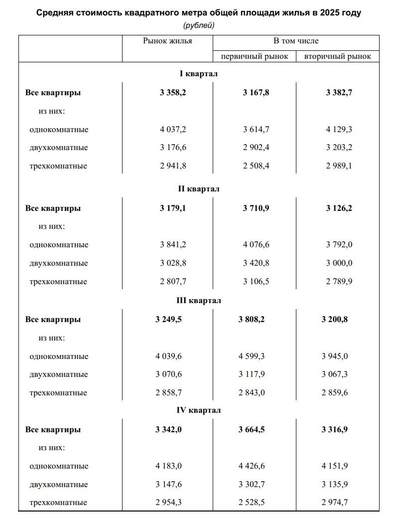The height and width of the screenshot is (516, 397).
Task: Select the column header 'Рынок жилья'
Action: (167, 41)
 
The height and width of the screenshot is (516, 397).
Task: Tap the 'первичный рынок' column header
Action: (255, 56)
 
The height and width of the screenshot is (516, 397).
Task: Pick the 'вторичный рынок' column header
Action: (337, 56)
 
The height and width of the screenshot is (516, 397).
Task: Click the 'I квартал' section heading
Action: (199, 74)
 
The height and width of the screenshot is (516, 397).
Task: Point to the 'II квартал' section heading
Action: (199, 189)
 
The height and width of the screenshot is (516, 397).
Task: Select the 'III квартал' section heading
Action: (199, 301)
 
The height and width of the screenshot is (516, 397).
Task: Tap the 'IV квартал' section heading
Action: (199, 410)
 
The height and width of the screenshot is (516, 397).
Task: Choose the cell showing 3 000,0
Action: (339, 263)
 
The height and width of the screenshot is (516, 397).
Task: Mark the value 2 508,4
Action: (256, 166)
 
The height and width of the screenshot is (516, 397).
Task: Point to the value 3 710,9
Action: (256, 208)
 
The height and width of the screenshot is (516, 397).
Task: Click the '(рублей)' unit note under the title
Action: (199, 25)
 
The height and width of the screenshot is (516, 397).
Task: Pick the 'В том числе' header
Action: (296, 41)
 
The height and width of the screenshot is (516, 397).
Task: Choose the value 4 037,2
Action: (173, 130)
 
